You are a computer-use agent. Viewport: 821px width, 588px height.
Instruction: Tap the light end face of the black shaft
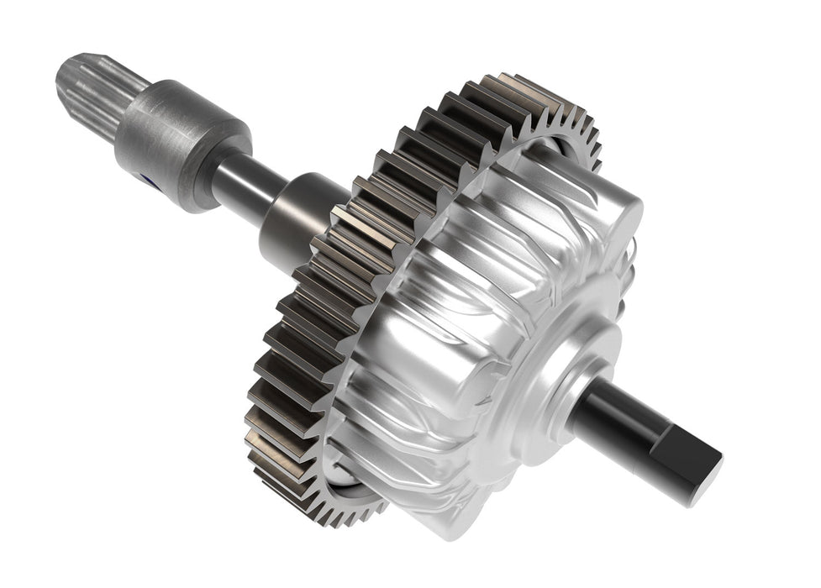pos(702,470)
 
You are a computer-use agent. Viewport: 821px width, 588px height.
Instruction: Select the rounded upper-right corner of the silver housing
pos(626,210)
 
